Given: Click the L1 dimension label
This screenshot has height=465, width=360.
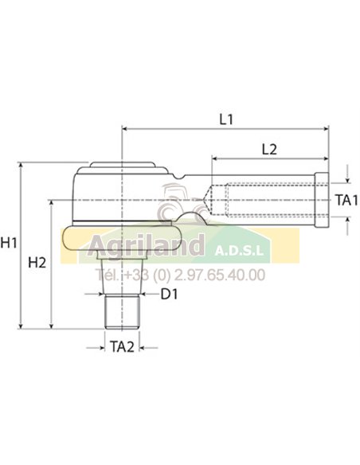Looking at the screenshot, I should click(x=225, y=119).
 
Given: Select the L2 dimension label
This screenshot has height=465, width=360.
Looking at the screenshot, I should click(x=268, y=149).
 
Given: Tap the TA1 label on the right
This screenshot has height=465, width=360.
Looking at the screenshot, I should click(x=345, y=200).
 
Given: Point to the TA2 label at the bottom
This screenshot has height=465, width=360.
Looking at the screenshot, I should click(x=122, y=346).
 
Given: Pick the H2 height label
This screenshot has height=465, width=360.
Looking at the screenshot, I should click(x=37, y=262).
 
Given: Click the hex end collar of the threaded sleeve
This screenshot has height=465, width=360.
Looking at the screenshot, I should click(x=323, y=199).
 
